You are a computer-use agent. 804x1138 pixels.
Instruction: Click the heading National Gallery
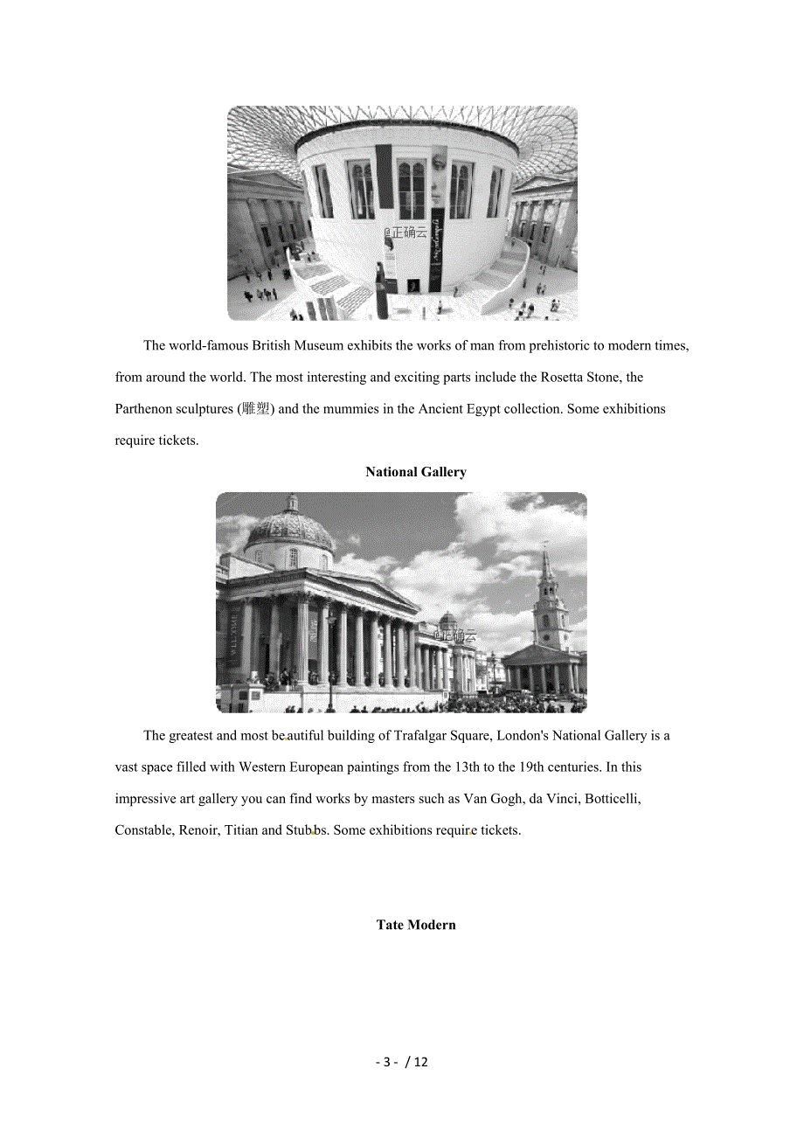click(x=416, y=472)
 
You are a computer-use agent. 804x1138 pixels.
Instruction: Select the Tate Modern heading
click(x=416, y=925)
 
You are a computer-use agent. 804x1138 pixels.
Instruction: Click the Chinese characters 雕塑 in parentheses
click(x=257, y=409)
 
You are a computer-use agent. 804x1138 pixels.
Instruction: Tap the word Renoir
click(x=198, y=830)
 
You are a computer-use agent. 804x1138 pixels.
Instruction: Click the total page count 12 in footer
click(x=420, y=1063)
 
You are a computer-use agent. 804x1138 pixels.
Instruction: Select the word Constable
click(x=143, y=830)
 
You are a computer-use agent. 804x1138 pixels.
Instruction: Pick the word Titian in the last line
click(x=241, y=830)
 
